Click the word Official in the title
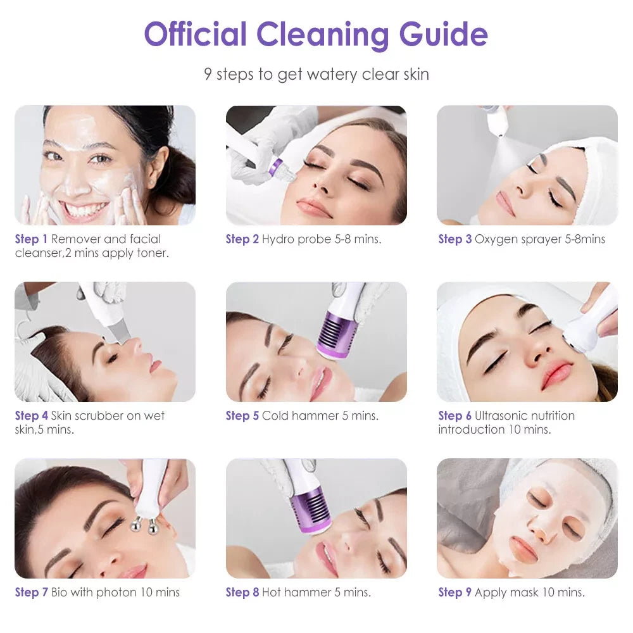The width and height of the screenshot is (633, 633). point(194,35)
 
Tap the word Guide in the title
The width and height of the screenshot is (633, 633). point(443,35)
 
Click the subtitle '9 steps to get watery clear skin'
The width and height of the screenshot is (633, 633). point(316,74)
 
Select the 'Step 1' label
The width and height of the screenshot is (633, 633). point(31,239)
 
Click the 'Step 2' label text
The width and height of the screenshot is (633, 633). point(242,239)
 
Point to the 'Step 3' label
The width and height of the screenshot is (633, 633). point(454,239)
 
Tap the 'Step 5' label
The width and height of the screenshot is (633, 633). point(242,416)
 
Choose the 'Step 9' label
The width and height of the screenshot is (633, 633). point(454,592)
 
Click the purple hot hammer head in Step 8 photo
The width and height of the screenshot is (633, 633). point(311,510)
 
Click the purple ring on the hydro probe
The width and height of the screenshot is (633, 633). point(275,167)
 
